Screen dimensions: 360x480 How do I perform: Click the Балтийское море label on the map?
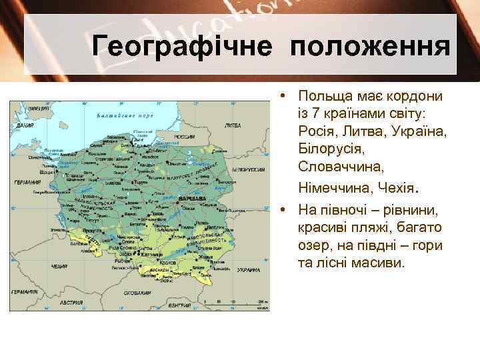click(x=125, y=115)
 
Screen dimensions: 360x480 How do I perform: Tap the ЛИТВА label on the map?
click(x=233, y=125)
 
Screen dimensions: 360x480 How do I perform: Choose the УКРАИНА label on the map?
click(x=249, y=270)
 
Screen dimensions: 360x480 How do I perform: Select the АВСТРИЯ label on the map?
click(x=71, y=303)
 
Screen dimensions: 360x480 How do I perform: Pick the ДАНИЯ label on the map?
click(x=25, y=125)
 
